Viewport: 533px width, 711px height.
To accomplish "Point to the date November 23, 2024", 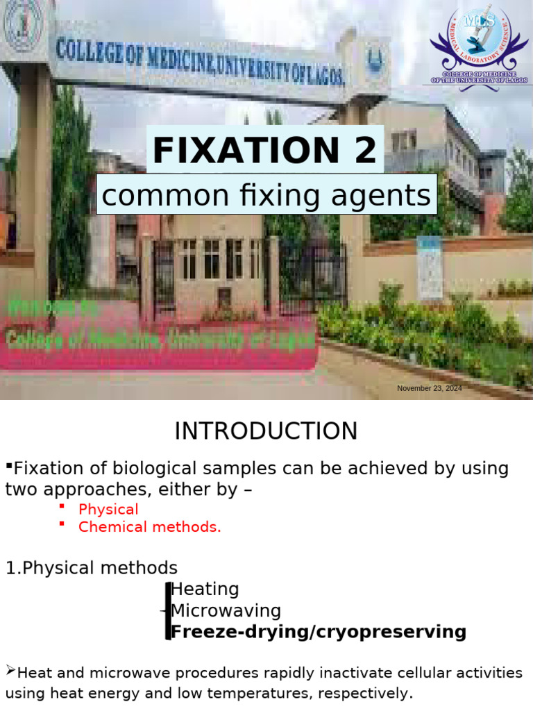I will tap(429, 388).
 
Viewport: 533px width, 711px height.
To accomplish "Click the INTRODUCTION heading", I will tap(266, 431).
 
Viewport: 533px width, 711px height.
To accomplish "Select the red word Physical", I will tap(108, 509).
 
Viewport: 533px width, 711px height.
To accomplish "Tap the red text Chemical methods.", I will tap(149, 526).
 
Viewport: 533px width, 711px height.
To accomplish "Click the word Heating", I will tap(205, 589).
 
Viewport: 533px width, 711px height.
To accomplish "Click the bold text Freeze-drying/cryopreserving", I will tap(319, 632).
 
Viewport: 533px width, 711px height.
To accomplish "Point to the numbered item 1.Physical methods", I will tap(92, 567).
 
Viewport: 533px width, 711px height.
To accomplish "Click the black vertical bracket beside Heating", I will tap(168, 611).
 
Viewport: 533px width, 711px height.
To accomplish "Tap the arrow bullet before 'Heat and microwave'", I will tap(10, 671).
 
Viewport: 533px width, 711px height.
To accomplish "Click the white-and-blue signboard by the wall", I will tap(429, 267).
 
